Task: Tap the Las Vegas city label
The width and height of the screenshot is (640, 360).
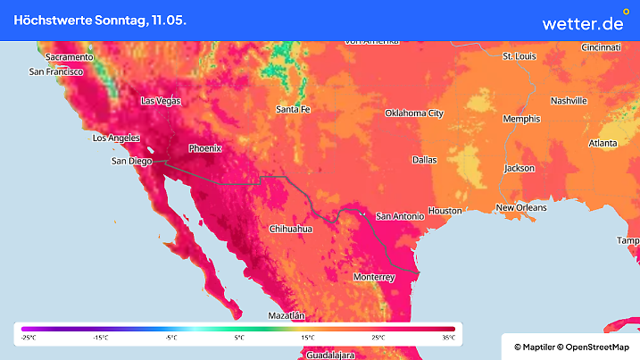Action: (x=161, y=101)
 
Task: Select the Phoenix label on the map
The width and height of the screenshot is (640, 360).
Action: (x=204, y=148)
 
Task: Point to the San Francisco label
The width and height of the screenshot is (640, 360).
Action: (x=56, y=71)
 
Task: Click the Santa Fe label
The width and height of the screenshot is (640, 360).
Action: (x=293, y=109)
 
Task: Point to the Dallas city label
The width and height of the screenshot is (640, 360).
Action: (x=424, y=160)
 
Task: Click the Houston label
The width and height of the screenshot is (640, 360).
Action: (x=445, y=211)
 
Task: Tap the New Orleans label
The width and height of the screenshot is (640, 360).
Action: (x=521, y=207)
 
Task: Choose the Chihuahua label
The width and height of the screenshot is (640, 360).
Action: (x=291, y=230)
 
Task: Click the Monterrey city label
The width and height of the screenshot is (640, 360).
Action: (x=374, y=278)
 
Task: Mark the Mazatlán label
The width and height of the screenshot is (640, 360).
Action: (x=287, y=316)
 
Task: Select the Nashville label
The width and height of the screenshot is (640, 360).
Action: (x=569, y=101)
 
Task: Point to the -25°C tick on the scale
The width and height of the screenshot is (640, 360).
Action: (x=29, y=338)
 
